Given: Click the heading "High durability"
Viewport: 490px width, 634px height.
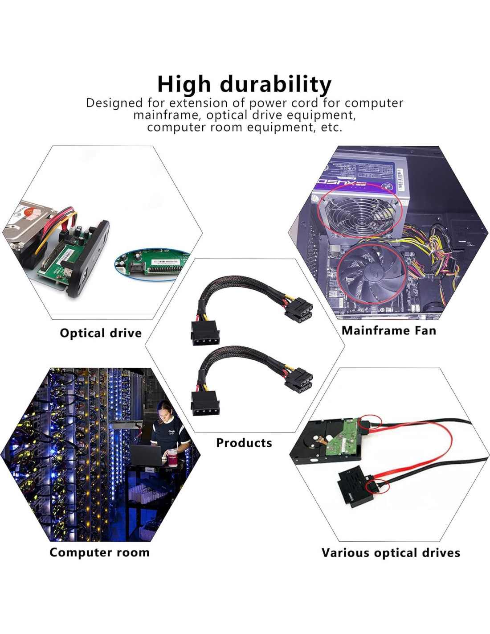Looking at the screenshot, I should click(x=244, y=84).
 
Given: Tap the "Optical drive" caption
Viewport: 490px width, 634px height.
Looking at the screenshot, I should click(x=101, y=333).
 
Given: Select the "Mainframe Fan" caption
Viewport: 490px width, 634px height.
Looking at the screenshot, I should click(x=388, y=330).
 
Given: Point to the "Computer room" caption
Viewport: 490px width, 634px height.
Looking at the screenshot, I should click(x=99, y=552).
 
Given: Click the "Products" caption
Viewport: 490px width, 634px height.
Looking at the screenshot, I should click(x=244, y=443).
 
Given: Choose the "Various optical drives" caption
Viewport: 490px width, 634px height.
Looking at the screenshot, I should click(x=391, y=553).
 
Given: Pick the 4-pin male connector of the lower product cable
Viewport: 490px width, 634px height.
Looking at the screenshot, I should click(x=205, y=403).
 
